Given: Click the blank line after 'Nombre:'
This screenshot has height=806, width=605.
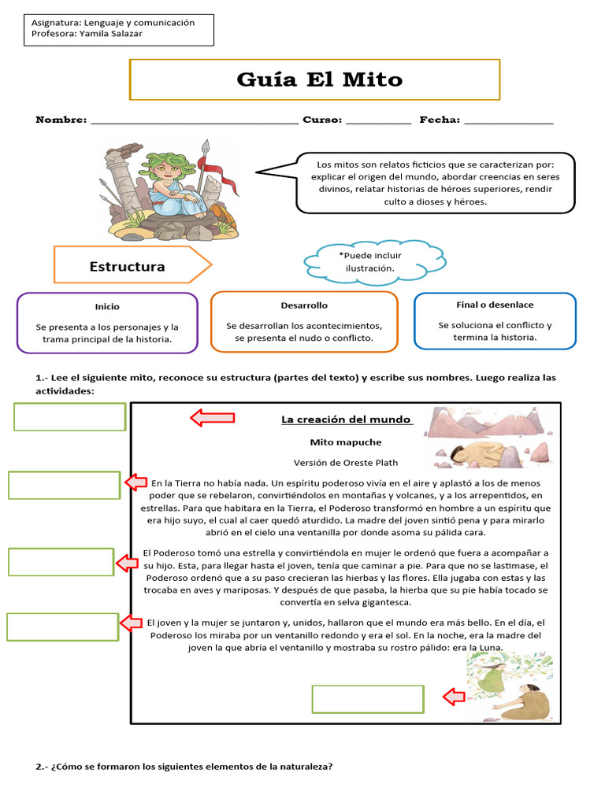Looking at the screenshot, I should pos(195,120).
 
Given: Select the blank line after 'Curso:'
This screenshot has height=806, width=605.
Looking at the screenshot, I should pos(378,120).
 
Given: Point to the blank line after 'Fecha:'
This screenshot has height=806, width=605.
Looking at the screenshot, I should pos(508,120).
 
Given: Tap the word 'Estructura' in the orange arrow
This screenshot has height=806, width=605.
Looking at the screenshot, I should pos(127,266).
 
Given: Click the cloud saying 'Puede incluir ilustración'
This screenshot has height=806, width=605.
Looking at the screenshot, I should pos(369,262).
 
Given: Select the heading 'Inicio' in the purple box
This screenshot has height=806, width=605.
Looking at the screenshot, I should pos(107,306).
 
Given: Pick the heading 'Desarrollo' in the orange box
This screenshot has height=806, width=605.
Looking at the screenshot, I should pos(304,305).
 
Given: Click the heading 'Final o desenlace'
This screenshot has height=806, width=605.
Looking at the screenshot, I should pos(495,305).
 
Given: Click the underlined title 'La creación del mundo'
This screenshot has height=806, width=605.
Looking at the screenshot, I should pos(347,420).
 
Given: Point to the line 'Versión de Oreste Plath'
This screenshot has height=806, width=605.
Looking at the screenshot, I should pos(343,463).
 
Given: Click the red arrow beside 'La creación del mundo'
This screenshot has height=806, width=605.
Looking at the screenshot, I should pos(212,418).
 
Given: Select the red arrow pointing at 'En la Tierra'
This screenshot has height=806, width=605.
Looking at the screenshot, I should pos(135,482).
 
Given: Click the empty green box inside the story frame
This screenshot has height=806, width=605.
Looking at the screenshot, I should pos(368,698).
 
